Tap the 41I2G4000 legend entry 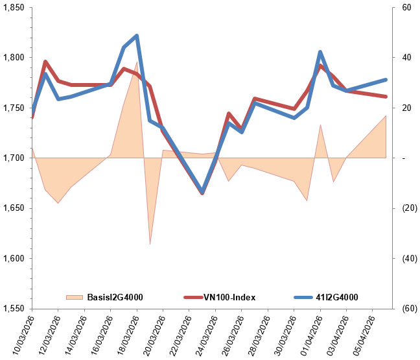click(336, 297)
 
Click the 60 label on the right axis click(406, 8)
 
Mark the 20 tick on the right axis click(406, 108)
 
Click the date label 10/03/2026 click(21, 333)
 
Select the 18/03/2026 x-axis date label click(126, 333)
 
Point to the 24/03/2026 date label click(204, 333)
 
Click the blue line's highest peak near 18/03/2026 click(137, 36)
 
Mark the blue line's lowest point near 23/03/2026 click(202, 192)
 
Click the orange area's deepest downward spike click(150, 244)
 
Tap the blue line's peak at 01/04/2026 click(320, 52)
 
